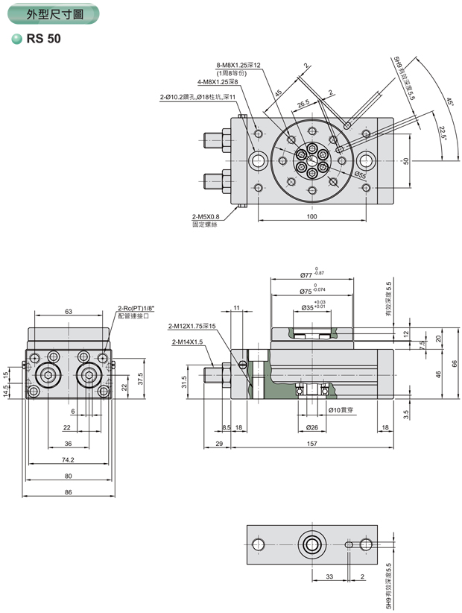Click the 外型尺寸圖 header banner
pos(52,14)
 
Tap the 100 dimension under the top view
pos(311,217)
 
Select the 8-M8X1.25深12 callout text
pos(238,66)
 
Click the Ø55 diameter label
pos(360,175)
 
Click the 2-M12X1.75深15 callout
pos(192,327)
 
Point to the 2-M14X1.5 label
pos(186,342)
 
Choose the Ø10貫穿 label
pos(341,409)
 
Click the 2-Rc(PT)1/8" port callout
pos(134,308)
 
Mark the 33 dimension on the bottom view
pos(329,576)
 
